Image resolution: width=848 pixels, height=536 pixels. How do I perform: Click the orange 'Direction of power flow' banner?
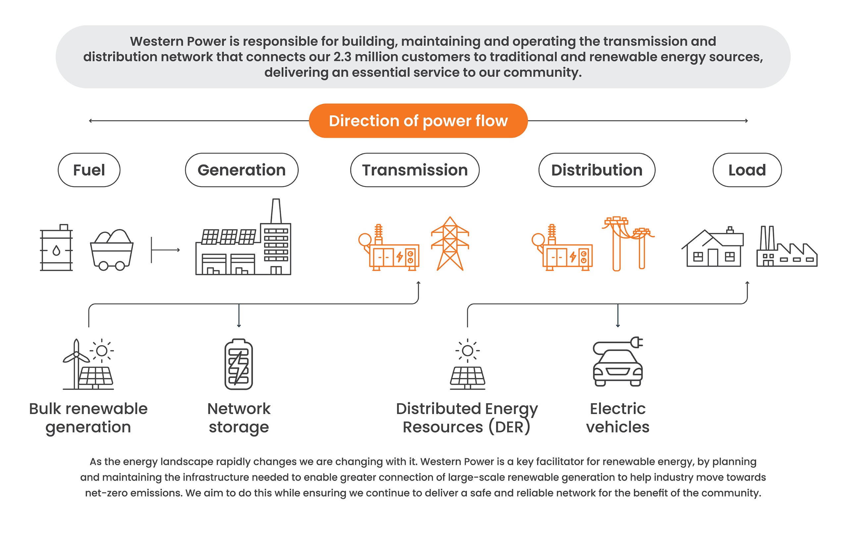click(418, 121)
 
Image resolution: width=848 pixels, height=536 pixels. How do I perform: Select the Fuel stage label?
click(89, 170)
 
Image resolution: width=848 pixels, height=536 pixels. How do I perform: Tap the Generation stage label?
click(241, 170)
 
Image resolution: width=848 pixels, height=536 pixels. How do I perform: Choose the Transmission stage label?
click(415, 170)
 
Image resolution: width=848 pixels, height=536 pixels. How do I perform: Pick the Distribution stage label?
click(597, 170)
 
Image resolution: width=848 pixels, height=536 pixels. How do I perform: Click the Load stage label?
click(747, 170)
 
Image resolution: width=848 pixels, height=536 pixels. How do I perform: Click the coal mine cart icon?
click(112, 250)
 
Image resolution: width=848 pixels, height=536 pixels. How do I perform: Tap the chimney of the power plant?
click(276, 211)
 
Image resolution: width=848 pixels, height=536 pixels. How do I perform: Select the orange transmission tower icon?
click(450, 244)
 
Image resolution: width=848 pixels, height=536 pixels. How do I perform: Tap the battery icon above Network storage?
click(239, 364)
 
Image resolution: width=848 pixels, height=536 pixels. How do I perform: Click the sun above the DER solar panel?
click(467, 350)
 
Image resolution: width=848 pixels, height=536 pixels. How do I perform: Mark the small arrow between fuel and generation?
click(166, 250)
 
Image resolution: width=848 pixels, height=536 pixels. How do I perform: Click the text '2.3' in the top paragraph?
click(342, 57)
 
